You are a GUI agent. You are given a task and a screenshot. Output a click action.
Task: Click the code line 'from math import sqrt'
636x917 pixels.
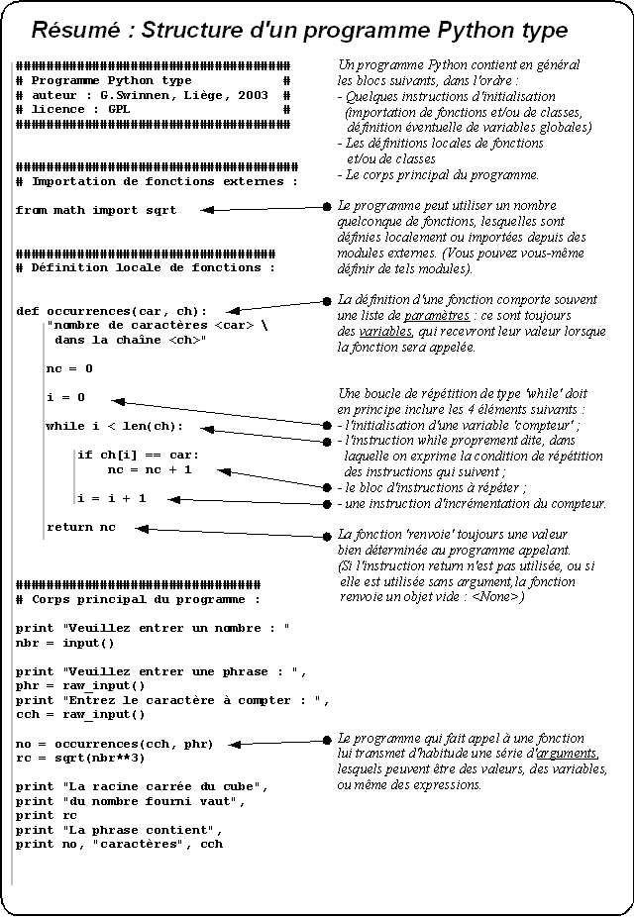pos(96,210)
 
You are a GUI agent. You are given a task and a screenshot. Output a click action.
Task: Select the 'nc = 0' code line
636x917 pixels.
pos(69,368)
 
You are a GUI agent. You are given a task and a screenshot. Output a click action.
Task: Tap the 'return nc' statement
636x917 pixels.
pos(81,527)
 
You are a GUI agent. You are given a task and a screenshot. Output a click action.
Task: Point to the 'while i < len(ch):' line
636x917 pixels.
pos(115,427)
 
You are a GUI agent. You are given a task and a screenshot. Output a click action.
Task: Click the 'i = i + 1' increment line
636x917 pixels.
pos(111,498)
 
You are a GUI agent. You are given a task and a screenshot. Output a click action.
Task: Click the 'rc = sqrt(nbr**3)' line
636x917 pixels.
pos(80,758)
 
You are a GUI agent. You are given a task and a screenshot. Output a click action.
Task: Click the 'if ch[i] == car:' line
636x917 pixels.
pos(138,456)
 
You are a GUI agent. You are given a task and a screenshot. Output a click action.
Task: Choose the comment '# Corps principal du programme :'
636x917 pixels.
pos(139,599)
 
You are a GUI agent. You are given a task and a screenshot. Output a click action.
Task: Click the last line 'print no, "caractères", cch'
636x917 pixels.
pos(119,844)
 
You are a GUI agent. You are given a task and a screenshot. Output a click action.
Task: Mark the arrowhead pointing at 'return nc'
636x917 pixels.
pos(142,529)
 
